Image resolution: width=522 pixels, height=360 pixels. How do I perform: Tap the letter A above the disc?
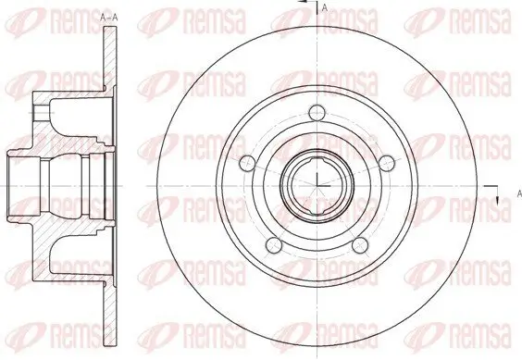pyautogui.click(x=324, y=8)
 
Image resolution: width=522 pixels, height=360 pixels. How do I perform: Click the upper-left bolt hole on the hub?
pyautogui.click(x=246, y=163)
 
